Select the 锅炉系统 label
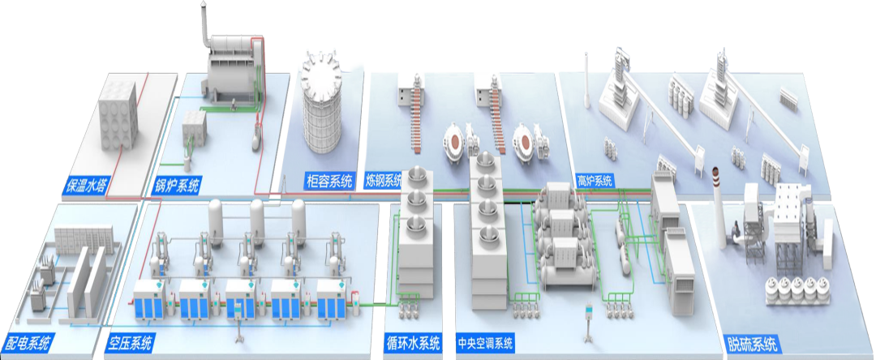178,184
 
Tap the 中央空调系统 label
485,343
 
